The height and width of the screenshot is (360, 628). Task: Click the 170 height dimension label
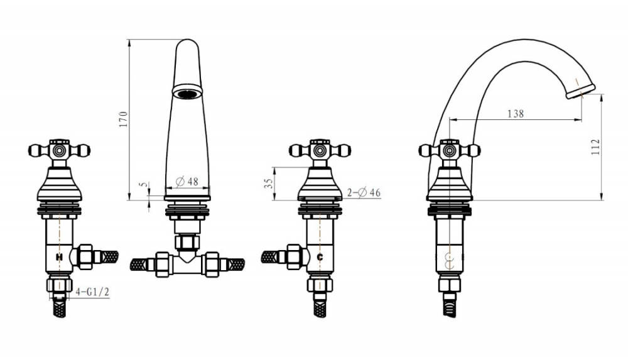(123, 119)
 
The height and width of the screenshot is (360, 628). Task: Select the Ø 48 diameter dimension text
(187, 182)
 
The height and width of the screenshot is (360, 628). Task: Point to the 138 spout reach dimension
(516, 114)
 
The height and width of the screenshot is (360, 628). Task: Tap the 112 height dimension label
(595, 147)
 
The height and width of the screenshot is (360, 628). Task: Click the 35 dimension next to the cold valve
(269, 183)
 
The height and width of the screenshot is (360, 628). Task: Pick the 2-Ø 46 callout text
(364, 193)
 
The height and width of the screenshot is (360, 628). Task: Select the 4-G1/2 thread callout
(92, 292)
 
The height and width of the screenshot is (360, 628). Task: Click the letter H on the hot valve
(59, 257)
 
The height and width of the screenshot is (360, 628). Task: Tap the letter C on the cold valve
(320, 257)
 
